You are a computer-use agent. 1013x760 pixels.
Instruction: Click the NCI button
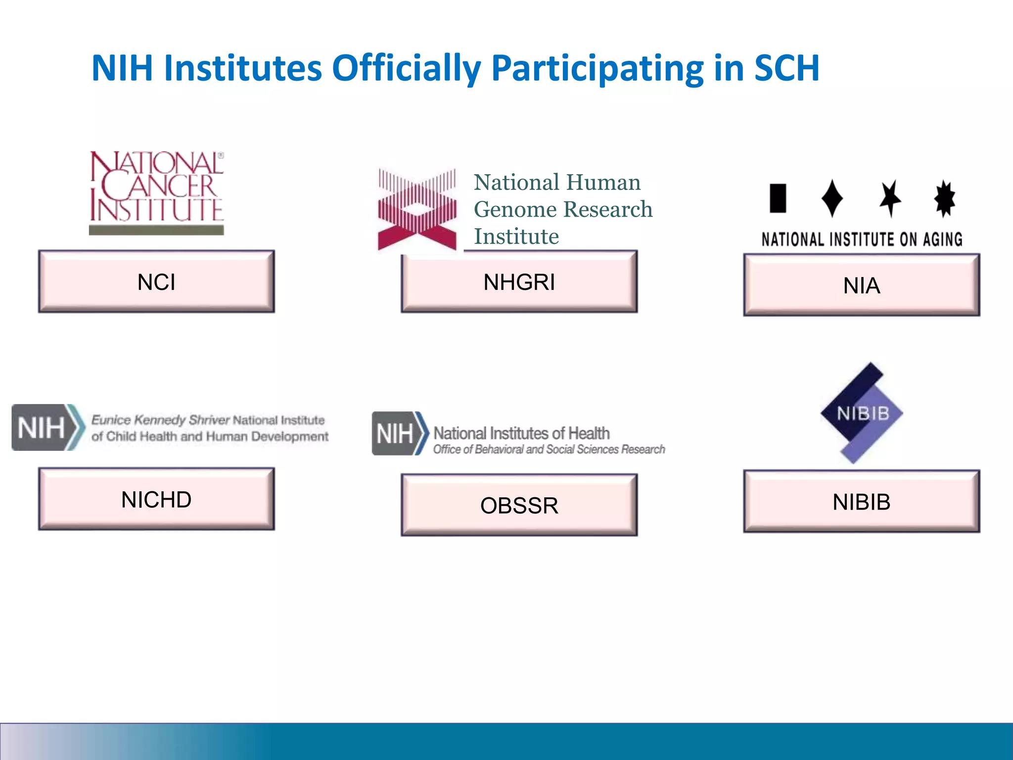click(x=156, y=282)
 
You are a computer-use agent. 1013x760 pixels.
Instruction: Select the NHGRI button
click(x=519, y=282)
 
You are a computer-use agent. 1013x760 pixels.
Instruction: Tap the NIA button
click(x=861, y=285)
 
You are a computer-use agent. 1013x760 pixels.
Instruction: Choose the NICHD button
click(x=156, y=499)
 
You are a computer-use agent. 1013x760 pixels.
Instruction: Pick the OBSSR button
click(x=519, y=505)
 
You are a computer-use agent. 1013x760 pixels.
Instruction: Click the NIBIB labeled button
click(x=861, y=502)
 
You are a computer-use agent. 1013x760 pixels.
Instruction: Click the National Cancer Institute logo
click(x=156, y=187)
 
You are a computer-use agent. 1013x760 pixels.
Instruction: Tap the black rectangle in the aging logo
click(x=778, y=198)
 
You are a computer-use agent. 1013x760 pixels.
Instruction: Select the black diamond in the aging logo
click(x=832, y=198)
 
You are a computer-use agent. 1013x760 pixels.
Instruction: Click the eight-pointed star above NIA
click(x=944, y=198)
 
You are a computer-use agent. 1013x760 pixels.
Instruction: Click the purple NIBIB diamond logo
click(x=862, y=413)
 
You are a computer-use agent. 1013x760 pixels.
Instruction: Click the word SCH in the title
click(x=786, y=68)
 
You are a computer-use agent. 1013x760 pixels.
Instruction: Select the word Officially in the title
click(x=406, y=68)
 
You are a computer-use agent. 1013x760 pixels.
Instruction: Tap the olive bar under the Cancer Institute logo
click(x=156, y=230)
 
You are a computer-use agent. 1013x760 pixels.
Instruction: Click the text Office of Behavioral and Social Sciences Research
click(x=549, y=449)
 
